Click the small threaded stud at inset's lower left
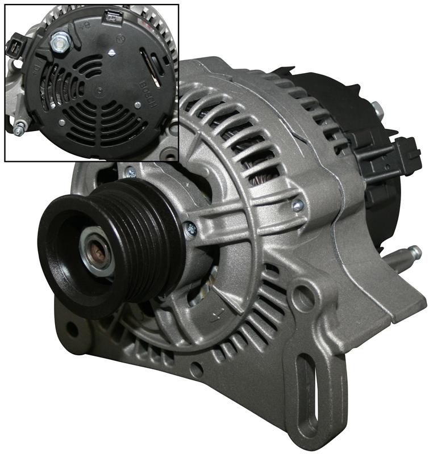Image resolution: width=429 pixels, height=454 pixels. tap(19, 129)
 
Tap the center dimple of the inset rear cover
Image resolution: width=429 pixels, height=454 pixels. tap(101, 90)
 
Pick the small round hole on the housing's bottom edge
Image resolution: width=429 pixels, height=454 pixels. tap(197, 368)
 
